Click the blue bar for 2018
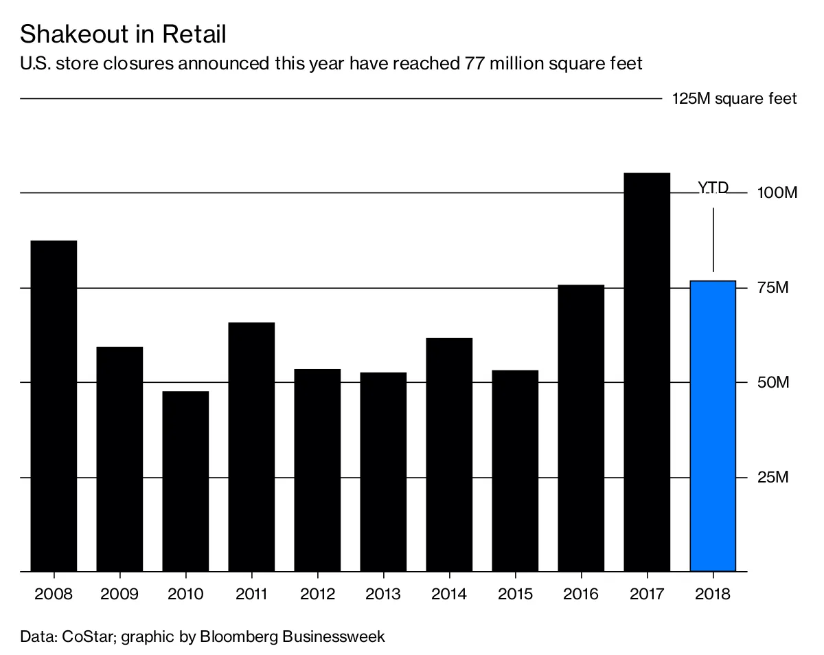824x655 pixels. [713, 426]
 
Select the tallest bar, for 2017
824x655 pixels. [647, 372]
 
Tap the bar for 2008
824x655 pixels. [54, 406]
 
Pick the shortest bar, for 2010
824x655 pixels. [185, 481]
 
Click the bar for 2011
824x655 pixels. [251, 447]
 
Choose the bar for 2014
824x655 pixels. [449, 454]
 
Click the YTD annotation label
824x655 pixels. [713, 188]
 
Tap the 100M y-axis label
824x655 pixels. [777, 192]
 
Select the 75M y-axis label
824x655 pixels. [772, 287]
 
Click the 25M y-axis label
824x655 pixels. [772, 477]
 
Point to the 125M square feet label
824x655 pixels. [734, 99]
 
